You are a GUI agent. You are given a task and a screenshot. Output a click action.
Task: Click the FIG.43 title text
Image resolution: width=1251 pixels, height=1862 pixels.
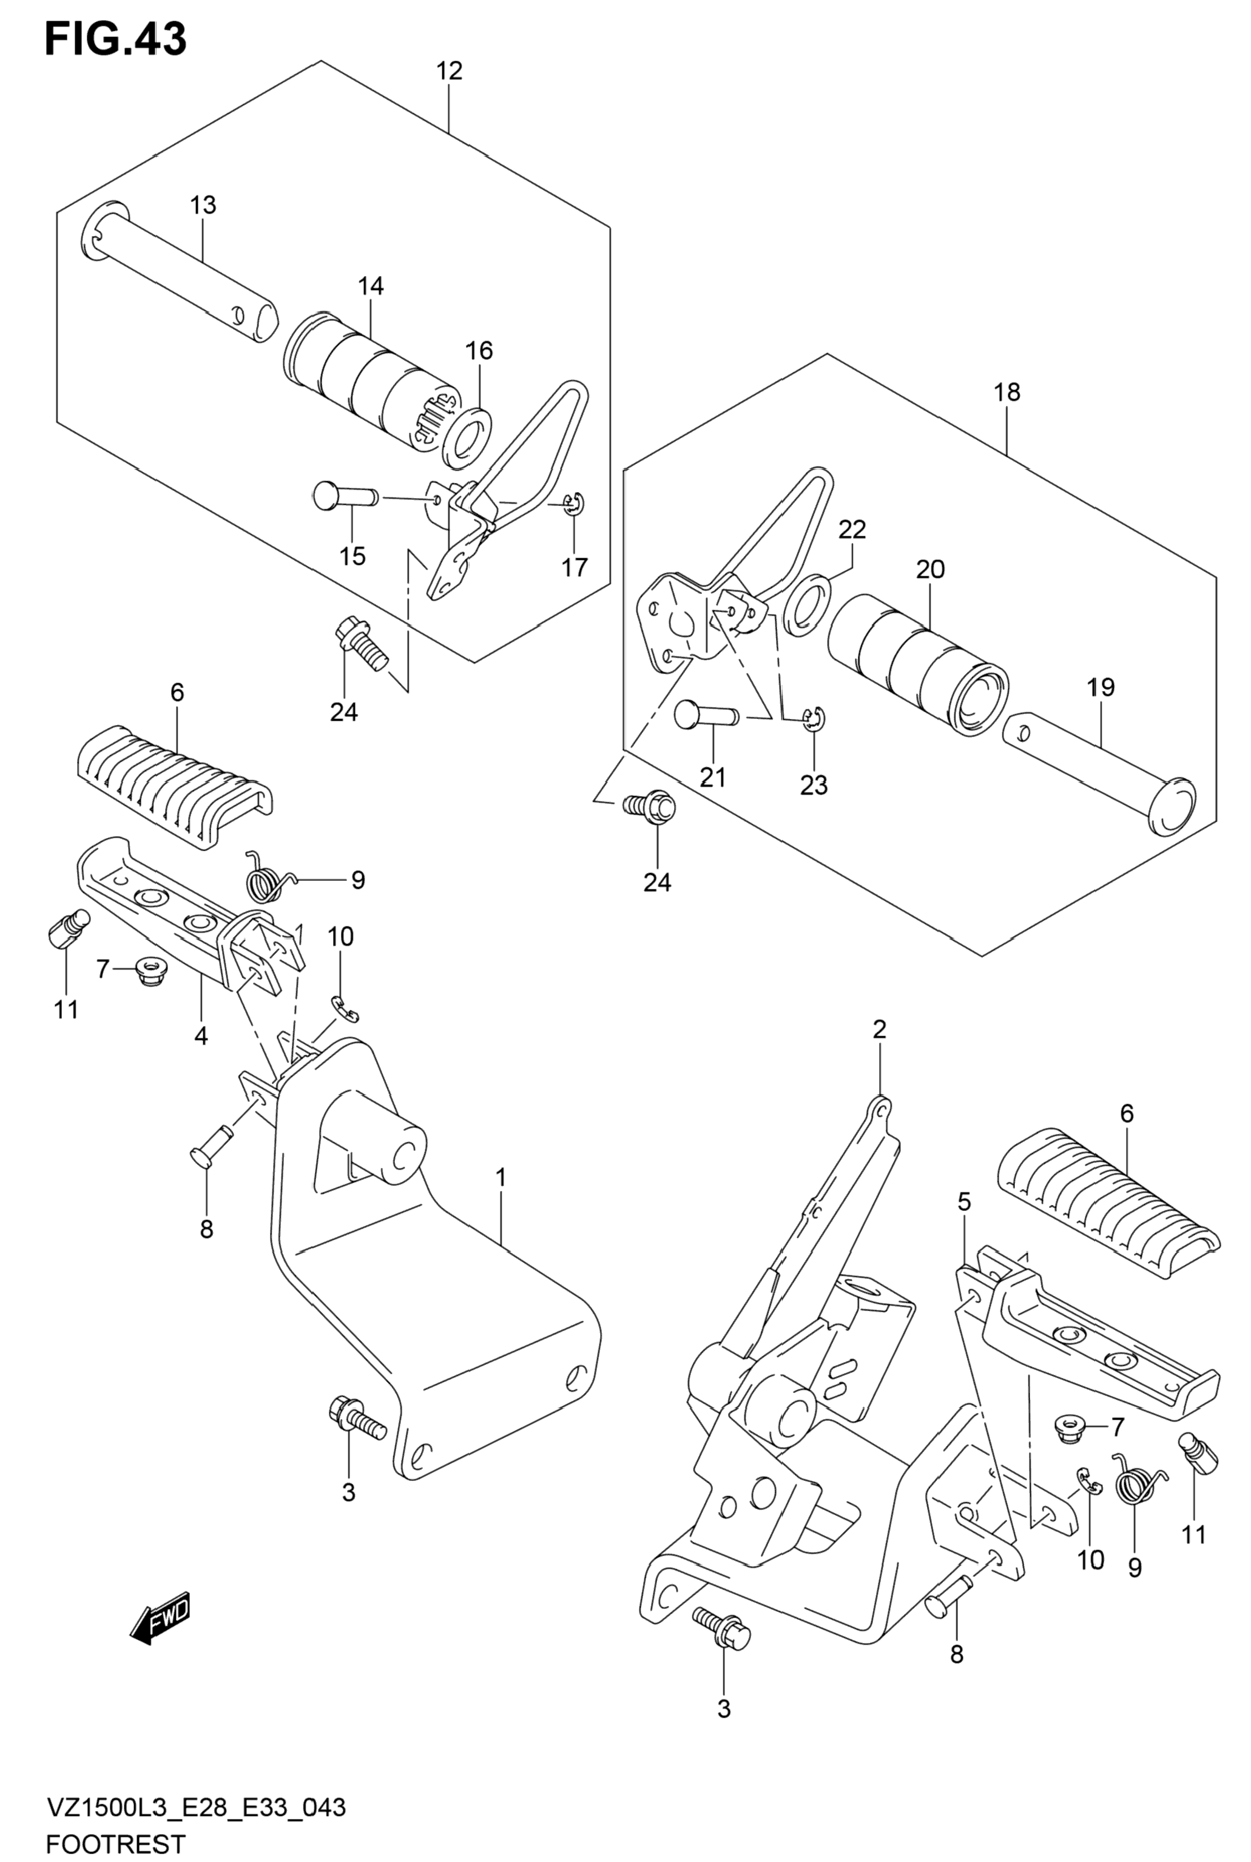pos(116,38)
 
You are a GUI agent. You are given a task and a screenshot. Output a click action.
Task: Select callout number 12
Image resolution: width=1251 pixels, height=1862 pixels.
pos(449,71)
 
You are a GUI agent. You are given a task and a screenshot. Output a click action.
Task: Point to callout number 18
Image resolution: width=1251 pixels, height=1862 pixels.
pos(1008,392)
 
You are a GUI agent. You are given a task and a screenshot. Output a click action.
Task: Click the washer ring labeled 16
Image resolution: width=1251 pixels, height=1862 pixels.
pos(467,439)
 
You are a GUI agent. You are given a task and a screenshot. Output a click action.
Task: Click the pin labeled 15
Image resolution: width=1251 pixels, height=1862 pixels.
pos(345,497)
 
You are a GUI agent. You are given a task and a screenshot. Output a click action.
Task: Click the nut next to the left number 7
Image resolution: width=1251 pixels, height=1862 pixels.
pos(147,970)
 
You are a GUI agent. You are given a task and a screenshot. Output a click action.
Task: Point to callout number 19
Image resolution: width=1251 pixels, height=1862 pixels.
pos(1101,687)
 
